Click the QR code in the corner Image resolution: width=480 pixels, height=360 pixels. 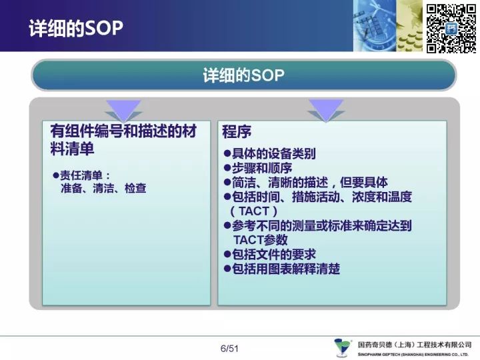coord(451,28)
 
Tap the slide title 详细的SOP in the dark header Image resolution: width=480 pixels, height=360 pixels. coord(76,28)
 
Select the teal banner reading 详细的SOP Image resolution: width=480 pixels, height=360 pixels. coord(244,75)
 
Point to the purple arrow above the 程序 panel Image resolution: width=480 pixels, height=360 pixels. coord(326,110)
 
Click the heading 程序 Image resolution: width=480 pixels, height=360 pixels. coord(237,132)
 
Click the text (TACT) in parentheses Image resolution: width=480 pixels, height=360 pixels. coord(254,211)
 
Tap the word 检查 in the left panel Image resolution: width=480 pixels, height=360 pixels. coord(135,188)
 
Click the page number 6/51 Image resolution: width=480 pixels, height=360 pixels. coord(229,349)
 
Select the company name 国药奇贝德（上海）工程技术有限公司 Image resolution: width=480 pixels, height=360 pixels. coord(415,345)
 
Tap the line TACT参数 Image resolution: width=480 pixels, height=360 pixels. coord(261,240)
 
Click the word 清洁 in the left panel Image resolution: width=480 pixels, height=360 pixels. coord(103,188)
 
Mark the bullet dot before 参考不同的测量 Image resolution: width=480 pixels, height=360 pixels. coord(227,226)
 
